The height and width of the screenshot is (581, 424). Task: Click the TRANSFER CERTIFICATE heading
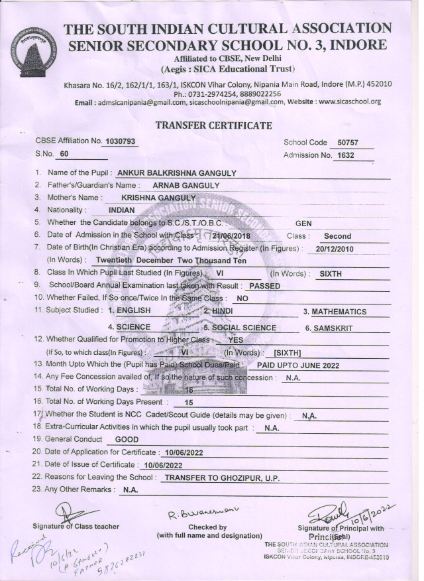click(213, 125)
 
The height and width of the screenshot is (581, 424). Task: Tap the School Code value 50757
click(346, 143)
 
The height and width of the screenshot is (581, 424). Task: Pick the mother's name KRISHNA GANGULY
click(158, 198)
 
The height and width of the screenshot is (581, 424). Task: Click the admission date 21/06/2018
click(233, 235)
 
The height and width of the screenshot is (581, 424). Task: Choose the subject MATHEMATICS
click(339, 311)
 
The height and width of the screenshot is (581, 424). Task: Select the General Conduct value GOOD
click(127, 439)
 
